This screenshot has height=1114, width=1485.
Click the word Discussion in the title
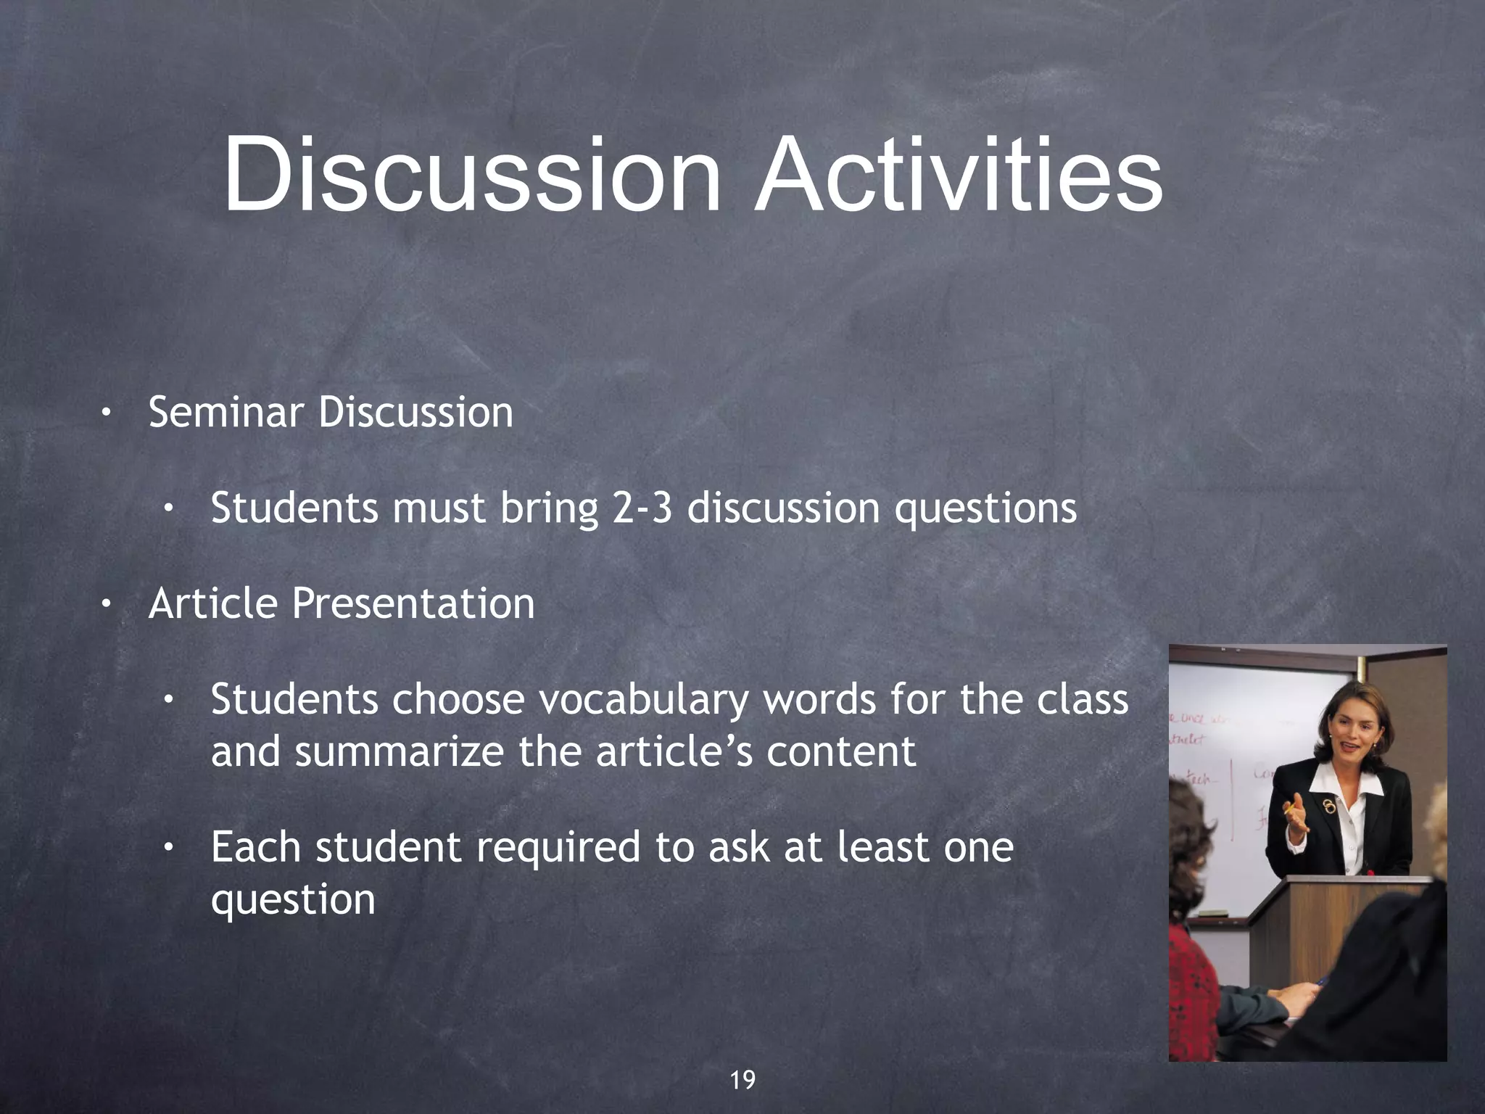coord(472,176)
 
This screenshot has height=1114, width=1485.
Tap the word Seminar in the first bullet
coord(226,413)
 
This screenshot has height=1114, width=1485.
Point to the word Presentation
coord(413,603)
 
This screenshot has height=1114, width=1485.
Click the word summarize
coord(399,751)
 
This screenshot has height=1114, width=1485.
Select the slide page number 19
coord(742,1080)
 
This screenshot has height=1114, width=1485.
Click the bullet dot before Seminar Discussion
coord(106,413)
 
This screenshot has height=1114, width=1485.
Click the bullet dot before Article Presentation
coord(106,604)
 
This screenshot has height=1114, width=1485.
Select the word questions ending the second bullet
coord(985,509)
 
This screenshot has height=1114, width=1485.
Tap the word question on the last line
coord(293,901)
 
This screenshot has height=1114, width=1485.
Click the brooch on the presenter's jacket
coord(1326,806)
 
